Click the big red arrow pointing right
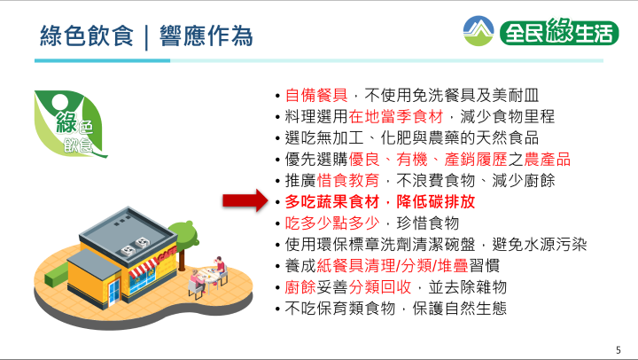point(245,200)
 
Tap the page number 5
point(619,350)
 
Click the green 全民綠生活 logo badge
point(559,31)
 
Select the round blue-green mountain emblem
point(478,31)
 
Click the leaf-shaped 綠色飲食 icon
point(70,123)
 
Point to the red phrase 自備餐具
point(316,95)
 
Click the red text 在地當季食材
point(396,117)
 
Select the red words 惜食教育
point(348,180)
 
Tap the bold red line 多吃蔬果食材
point(332,201)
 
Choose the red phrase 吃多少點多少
point(332,223)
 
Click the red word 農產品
point(548,160)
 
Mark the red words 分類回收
point(380,287)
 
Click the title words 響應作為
point(206,35)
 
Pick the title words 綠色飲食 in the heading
point(87,35)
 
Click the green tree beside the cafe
point(183,241)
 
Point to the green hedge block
point(56,275)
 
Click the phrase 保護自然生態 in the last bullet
point(459,309)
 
